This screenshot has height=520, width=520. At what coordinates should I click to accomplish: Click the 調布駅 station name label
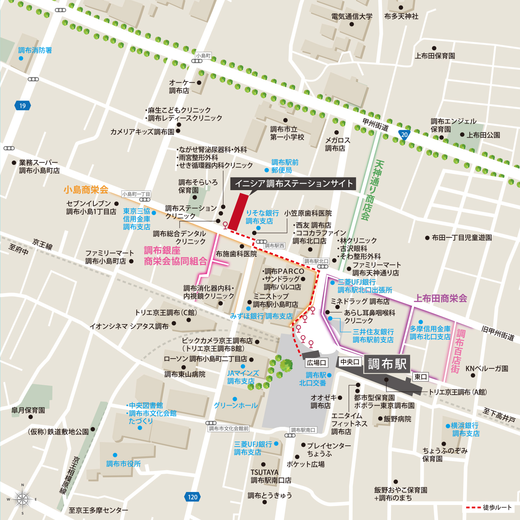pos(387,364)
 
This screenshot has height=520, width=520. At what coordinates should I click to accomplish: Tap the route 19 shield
pos(23,105)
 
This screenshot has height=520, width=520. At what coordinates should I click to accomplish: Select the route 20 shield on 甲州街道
pos(404,135)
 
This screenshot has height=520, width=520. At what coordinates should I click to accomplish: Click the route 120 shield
pos(192,497)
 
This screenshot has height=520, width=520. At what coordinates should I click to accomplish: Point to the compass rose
pos(22,499)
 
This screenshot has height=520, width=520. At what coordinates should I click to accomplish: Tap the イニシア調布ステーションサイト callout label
pos(293,183)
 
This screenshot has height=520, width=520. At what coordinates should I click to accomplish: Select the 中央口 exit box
pos(350,362)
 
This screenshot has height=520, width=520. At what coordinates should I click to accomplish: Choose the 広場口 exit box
pos(317,363)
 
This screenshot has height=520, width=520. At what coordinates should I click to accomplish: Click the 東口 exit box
pos(420,377)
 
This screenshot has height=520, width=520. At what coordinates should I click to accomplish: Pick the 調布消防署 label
pos(35,50)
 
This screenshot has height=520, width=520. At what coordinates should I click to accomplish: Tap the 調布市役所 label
pos(123,464)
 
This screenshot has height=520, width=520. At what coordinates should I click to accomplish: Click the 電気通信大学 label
pos(352,16)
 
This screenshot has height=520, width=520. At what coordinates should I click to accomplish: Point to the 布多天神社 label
pos(401,16)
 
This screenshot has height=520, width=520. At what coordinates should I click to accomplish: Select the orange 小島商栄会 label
pos(86,190)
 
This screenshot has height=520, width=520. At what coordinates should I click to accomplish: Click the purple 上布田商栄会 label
pos(441,298)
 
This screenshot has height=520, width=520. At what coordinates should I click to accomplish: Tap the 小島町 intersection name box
pos(203,56)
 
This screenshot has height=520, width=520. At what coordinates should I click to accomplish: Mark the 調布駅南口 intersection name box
pos(303,430)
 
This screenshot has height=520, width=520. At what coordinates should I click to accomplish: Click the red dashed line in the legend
pos(473,507)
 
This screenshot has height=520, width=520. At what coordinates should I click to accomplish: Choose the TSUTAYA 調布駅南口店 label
pos(271,476)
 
